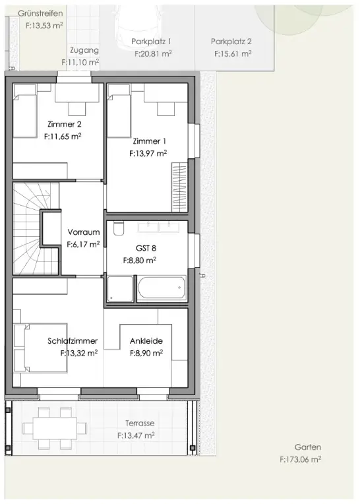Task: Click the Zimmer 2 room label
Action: pyautogui.click(x=64, y=124)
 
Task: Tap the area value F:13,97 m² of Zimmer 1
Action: pyautogui.click(x=148, y=154)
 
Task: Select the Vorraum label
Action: pyautogui.click(x=84, y=232)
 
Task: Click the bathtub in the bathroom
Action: pyautogui.click(x=162, y=288)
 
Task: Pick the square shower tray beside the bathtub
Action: pyautogui.click(x=120, y=289)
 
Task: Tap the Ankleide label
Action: pyautogui.click(x=146, y=340)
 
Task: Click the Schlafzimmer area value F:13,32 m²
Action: pyautogui.click(x=79, y=353)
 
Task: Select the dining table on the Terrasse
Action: pyautogui.click(x=55, y=428)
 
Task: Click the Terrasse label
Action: pyautogui.click(x=140, y=424)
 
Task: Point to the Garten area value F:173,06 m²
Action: pyautogui.click(x=300, y=459)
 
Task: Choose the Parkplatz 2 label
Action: pyautogui.click(x=231, y=42)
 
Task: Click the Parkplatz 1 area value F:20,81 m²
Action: pyautogui.click(x=153, y=53)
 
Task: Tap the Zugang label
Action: pyautogui.click(x=84, y=50)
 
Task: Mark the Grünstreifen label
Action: pyautogui.click(x=40, y=13)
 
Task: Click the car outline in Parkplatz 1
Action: pyautogui.click(x=136, y=29)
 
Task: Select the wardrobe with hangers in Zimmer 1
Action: pyautogui.click(x=179, y=187)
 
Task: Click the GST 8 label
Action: pyautogui.click(x=146, y=248)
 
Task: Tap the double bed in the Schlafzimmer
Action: pyautogui.click(x=40, y=348)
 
